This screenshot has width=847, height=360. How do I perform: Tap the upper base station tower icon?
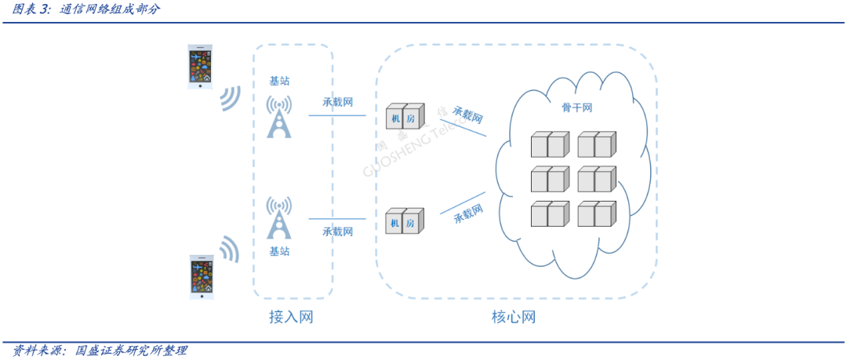click(278, 117)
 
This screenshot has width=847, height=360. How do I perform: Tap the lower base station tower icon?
click(278, 217)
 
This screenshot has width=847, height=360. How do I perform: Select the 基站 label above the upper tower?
click(279, 81)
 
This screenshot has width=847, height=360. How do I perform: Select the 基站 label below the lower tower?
click(279, 251)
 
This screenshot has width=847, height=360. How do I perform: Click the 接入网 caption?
click(291, 317)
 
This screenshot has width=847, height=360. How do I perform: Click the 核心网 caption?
click(514, 317)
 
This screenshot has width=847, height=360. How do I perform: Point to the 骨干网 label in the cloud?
click(576, 107)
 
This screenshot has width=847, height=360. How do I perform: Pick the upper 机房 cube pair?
click(405, 116)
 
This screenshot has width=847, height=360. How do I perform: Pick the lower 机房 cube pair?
click(405, 221)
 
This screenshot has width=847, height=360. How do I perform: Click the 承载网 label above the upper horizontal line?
click(338, 102)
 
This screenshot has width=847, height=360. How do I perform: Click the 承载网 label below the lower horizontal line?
click(338, 231)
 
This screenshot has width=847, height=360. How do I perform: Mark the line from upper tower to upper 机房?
click(337, 116)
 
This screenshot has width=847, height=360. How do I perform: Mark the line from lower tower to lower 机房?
click(337, 219)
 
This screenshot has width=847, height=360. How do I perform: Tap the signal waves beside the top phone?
click(229, 98)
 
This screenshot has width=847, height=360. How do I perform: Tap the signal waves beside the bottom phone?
click(229, 249)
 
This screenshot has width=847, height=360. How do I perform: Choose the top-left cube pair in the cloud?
click(550, 144)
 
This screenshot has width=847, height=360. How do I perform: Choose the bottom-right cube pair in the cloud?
click(597, 214)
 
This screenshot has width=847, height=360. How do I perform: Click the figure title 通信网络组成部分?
click(109, 9)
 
